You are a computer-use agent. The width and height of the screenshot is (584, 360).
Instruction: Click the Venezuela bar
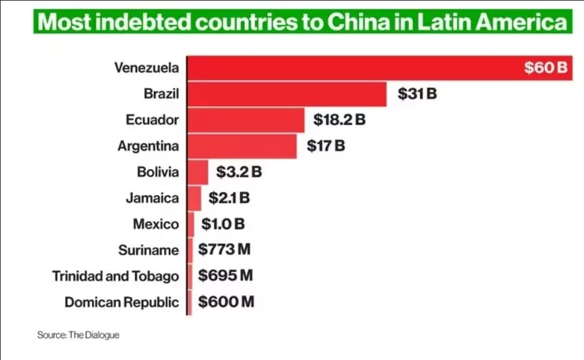tap(349, 68)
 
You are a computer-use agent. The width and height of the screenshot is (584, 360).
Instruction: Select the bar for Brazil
tap(287, 94)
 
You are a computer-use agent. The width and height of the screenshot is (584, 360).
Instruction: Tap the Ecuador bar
tap(246, 120)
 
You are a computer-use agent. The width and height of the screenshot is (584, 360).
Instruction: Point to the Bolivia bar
tap(198, 172)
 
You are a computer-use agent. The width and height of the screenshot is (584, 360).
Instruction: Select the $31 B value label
tap(417, 94)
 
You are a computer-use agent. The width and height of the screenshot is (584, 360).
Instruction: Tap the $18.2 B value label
tap(339, 120)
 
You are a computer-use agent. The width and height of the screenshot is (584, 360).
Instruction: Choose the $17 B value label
tap(326, 146)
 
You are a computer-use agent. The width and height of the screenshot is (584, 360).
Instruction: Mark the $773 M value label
tap(224, 250)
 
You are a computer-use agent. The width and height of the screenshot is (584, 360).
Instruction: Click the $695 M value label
tap(226, 276)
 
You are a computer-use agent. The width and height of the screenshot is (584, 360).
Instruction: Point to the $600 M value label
tap(226, 302)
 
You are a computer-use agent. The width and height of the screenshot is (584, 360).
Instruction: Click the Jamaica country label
tap(152, 198)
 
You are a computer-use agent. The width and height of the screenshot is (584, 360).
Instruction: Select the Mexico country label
tap(156, 224)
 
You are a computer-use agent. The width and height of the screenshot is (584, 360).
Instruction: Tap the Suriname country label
tap(148, 250)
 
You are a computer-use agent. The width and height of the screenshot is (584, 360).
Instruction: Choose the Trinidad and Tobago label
tap(115, 276)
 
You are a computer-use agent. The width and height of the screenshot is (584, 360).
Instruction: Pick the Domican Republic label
tap(122, 303)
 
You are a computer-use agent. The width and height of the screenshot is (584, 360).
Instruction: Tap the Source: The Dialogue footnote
tap(78, 335)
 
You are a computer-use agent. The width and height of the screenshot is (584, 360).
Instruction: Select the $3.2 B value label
tap(239, 172)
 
